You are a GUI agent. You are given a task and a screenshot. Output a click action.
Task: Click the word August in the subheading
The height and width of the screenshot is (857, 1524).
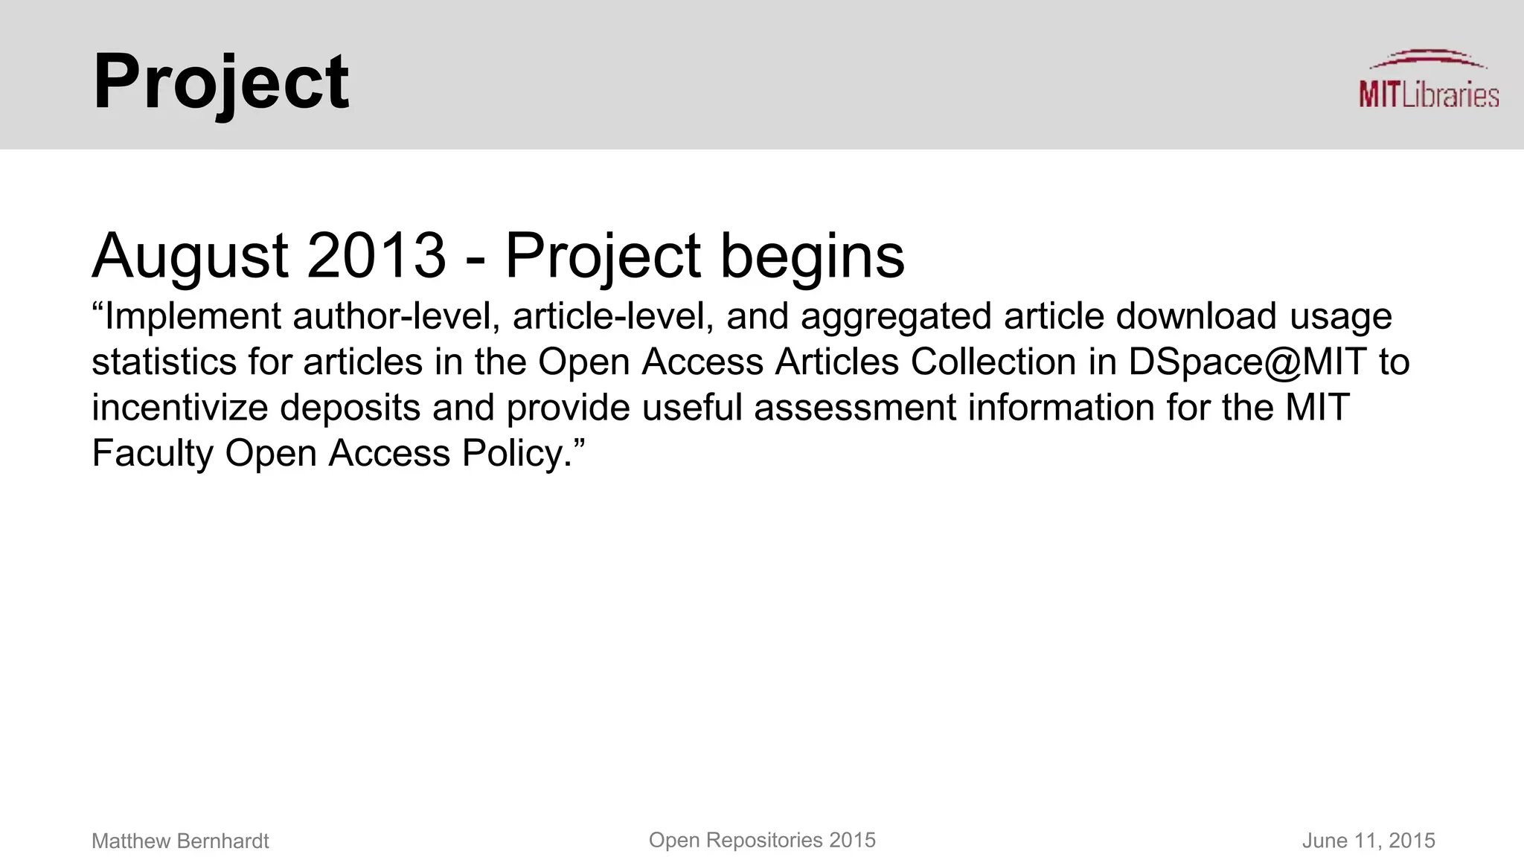point(190,256)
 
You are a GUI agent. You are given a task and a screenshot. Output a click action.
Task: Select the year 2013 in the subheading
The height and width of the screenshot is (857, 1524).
point(376,256)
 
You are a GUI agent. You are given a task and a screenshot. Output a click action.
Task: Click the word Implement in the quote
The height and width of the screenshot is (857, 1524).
point(192,317)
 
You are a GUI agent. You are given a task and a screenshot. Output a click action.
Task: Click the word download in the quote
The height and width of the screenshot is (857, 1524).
point(1196,317)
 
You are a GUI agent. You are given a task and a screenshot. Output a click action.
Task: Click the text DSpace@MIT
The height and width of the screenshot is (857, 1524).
point(1247,362)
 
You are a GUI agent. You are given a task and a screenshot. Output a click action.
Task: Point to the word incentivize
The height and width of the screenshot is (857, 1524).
point(179,408)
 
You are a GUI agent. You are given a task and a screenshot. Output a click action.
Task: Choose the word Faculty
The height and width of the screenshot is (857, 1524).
point(153,454)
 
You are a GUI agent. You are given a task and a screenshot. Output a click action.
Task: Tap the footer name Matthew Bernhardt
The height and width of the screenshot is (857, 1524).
point(180,841)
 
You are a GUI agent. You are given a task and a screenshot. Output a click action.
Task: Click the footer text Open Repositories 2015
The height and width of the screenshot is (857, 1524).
point(762,841)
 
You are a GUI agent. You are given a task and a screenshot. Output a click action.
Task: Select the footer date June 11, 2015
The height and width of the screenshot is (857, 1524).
point(1368,841)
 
